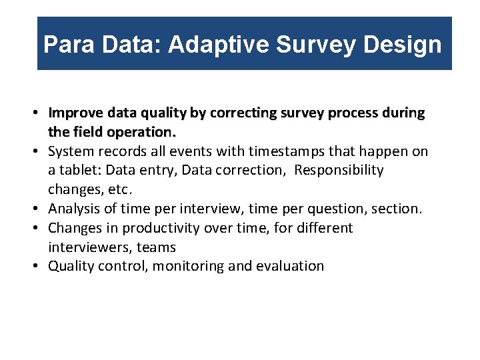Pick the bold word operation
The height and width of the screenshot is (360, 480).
point(145,132)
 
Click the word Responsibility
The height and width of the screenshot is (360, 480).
point(339,170)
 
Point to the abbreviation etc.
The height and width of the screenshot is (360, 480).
point(112,189)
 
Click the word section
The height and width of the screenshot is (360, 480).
point(395,209)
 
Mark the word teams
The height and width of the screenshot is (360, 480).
point(155,247)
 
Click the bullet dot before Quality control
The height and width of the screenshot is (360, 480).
point(41,266)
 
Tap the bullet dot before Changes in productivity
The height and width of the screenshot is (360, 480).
point(41,228)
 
